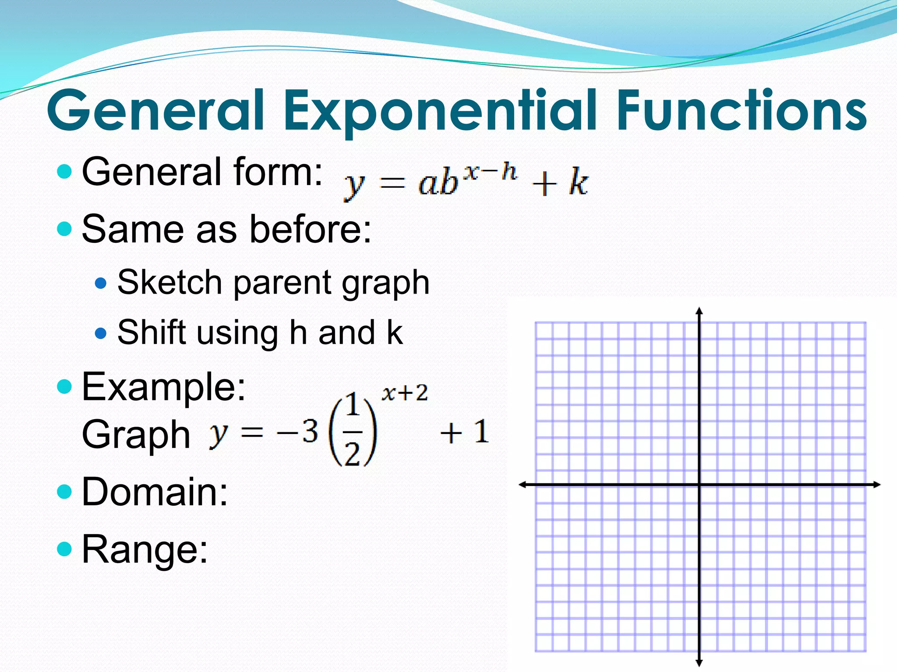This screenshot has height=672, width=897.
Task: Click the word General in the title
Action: (x=155, y=110)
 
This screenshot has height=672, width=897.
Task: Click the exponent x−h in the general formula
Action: (x=490, y=171)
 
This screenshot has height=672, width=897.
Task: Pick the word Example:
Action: (x=164, y=387)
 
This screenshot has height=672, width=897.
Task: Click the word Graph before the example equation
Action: (x=136, y=434)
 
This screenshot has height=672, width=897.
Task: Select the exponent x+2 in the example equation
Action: (x=404, y=393)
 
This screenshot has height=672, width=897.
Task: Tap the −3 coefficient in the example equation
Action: (x=298, y=432)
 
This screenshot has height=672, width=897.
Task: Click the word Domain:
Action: (x=155, y=492)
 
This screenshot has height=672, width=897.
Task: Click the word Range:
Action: (x=145, y=549)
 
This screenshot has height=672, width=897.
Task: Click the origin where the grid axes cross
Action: (x=699, y=484)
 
